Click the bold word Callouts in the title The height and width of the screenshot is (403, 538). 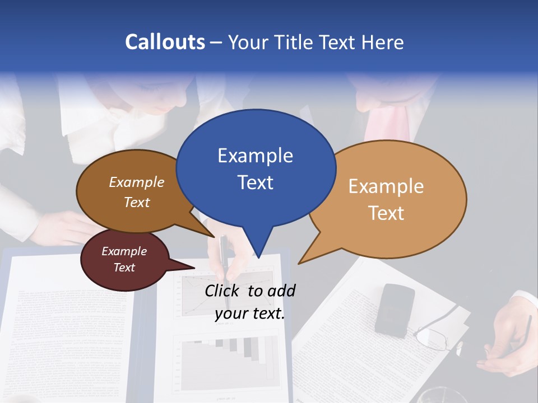[x=165, y=42]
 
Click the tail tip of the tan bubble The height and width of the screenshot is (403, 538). [x=300, y=263]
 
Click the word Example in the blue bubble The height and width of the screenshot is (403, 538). [x=255, y=156]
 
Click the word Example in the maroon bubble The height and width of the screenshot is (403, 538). [x=124, y=251]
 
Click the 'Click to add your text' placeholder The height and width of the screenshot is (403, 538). [x=249, y=302]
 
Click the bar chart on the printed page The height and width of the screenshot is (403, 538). [x=230, y=358]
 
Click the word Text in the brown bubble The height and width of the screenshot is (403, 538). [x=137, y=202]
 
